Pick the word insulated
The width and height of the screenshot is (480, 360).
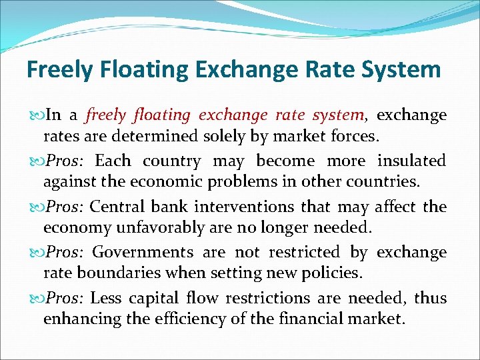(411, 161)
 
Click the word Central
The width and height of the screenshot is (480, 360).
(114, 207)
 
